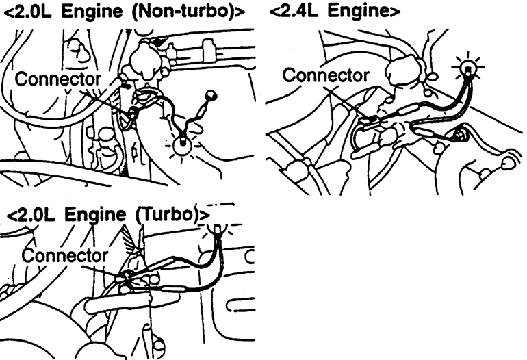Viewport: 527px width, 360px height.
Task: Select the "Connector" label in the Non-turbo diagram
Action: tap(57, 79)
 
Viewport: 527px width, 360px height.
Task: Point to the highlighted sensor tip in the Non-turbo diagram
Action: tap(183, 144)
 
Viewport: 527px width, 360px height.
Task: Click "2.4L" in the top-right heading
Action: tap(301, 12)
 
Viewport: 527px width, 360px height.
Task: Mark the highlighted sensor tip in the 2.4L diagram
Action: tap(468, 68)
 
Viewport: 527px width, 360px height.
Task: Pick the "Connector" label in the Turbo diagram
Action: tap(65, 255)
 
